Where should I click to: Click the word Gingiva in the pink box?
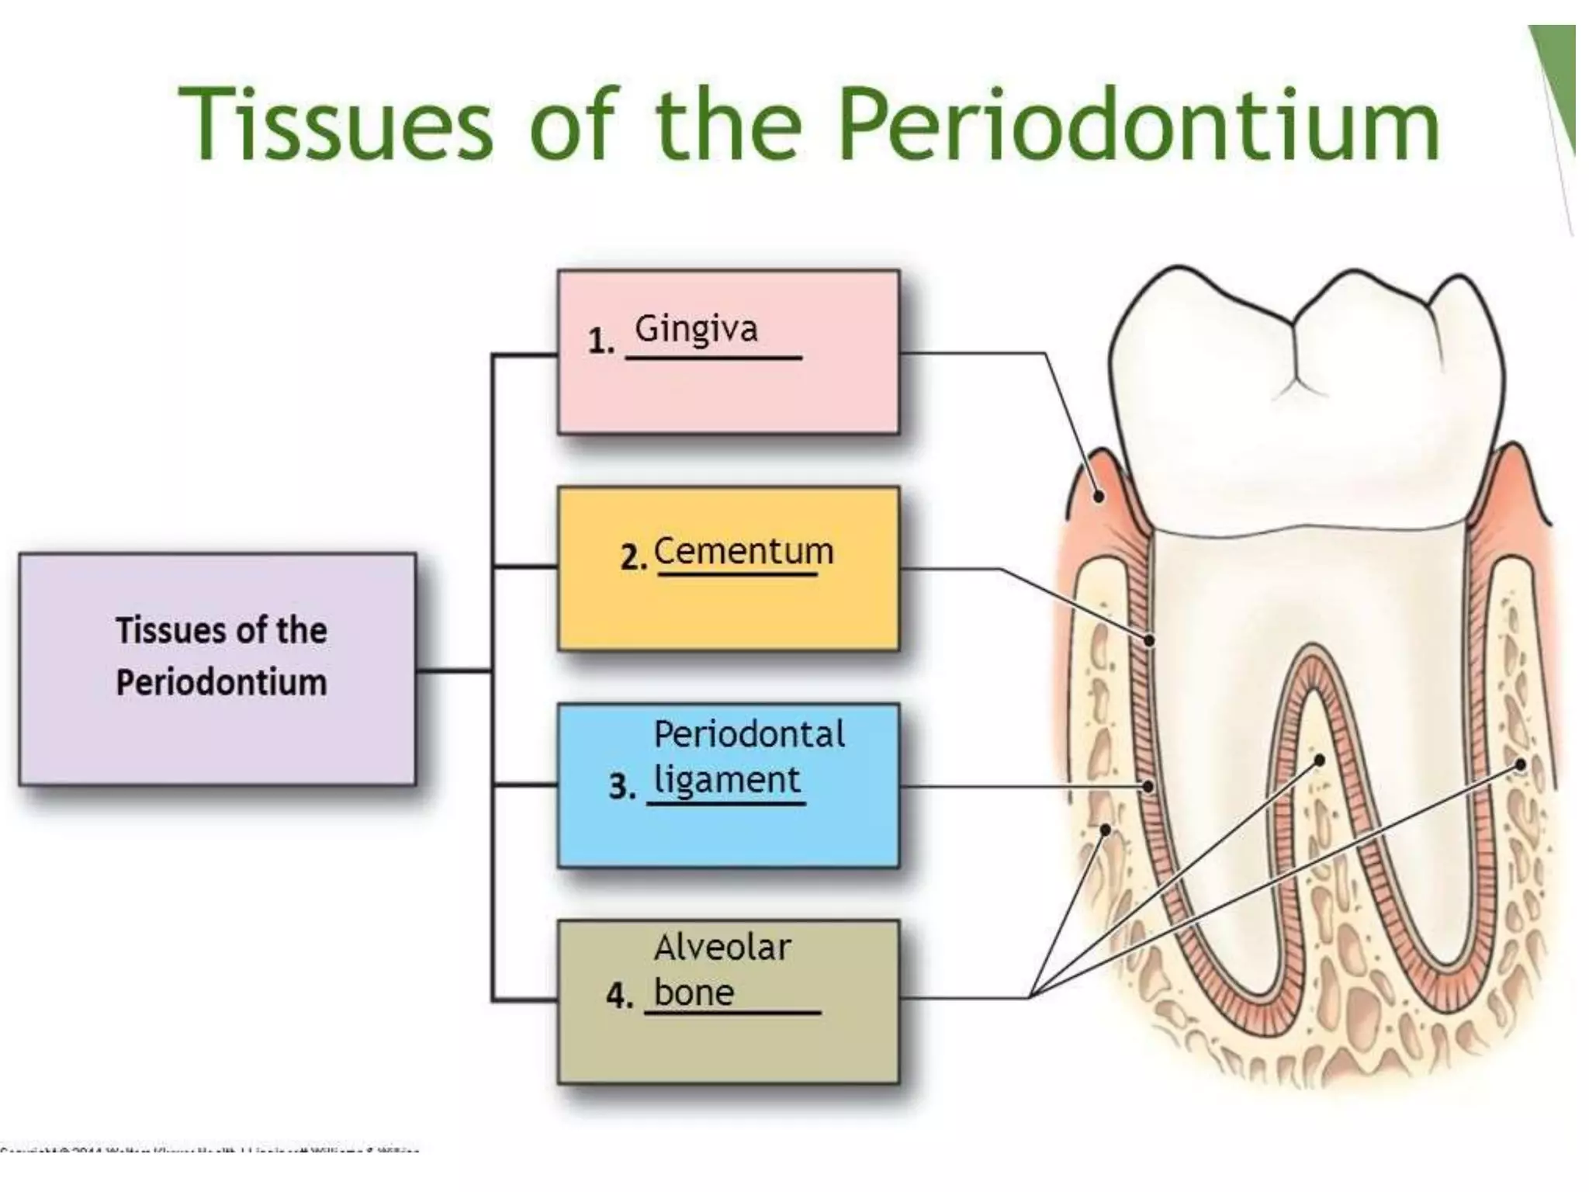click(x=696, y=330)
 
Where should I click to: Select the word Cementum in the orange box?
click(x=743, y=552)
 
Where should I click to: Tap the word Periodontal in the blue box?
click(x=749, y=734)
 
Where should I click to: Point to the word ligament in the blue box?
click(x=726, y=781)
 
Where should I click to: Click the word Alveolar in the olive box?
click(x=722, y=948)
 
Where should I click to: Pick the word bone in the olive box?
click(x=694, y=993)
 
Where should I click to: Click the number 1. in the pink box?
click(x=601, y=341)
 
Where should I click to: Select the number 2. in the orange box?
click(x=633, y=557)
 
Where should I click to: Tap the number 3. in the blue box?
click(x=621, y=786)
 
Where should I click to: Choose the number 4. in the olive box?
click(x=619, y=995)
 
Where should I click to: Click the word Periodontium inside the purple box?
click(x=221, y=683)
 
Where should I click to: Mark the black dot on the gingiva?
click(x=1099, y=495)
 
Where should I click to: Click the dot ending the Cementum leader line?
click(x=1149, y=640)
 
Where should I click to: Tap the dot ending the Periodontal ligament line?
click(x=1148, y=786)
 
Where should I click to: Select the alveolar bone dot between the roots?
click(x=1319, y=761)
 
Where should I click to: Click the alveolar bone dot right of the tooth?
click(x=1520, y=765)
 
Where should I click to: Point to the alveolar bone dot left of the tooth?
click(x=1106, y=830)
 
